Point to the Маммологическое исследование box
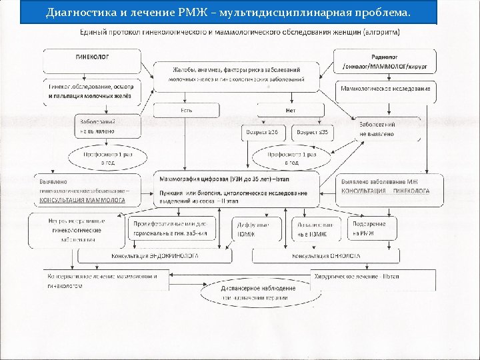[x=385, y=88]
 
